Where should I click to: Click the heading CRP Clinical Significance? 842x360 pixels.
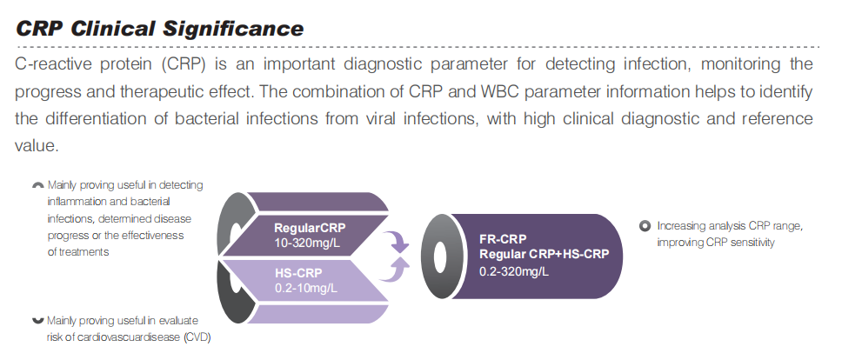[x=159, y=28]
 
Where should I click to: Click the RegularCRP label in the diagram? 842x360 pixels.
[x=310, y=228]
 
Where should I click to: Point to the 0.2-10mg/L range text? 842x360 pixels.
[x=306, y=288]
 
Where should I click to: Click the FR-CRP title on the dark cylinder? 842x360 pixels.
[x=503, y=239]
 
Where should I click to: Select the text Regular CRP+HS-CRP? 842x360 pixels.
[x=544, y=254]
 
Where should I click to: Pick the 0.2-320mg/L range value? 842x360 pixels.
[x=514, y=271]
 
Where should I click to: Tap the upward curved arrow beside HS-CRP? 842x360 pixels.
[x=396, y=268]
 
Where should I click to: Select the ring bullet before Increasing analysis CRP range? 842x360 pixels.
[x=645, y=226]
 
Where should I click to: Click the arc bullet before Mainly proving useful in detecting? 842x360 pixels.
[x=37, y=184]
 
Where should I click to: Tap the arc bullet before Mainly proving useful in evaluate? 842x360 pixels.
[x=37, y=322]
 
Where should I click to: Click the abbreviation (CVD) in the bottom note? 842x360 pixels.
[x=197, y=337]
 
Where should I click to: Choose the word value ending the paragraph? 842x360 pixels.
[x=36, y=145]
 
